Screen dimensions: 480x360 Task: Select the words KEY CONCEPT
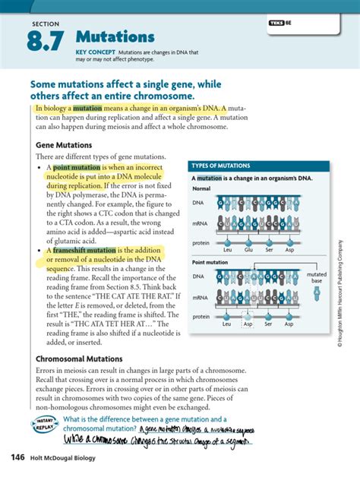click(93, 52)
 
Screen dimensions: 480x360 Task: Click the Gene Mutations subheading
click(64, 144)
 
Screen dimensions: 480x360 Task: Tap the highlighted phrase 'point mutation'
click(71, 167)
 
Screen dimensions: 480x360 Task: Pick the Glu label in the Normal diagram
click(248, 249)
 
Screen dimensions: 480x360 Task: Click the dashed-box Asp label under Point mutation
click(248, 324)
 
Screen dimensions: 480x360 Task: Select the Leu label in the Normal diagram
click(226, 249)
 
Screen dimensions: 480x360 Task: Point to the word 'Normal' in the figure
click(201, 188)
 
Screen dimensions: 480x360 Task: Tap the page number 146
click(18, 456)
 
